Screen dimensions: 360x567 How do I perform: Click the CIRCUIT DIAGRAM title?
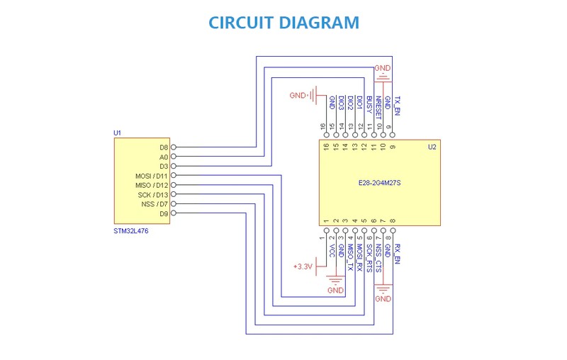click(283, 23)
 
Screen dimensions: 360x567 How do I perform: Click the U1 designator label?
click(118, 133)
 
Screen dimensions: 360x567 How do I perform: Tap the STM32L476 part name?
click(131, 231)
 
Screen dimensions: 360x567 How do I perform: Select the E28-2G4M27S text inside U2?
click(380, 183)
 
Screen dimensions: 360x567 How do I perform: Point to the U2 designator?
click(432, 147)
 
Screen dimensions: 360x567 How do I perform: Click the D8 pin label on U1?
click(164, 147)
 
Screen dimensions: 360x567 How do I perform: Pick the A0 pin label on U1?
click(164, 157)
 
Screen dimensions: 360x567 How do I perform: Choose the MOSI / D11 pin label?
click(152, 176)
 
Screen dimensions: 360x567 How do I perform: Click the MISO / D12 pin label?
click(152, 185)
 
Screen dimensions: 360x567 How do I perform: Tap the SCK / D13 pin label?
click(153, 194)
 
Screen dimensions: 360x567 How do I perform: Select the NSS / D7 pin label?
click(155, 204)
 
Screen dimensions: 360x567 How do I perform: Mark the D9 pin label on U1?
click(164, 213)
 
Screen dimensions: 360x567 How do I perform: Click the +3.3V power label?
click(303, 266)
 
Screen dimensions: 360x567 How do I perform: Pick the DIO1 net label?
click(360, 103)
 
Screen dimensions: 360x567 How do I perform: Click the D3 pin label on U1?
click(164, 167)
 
